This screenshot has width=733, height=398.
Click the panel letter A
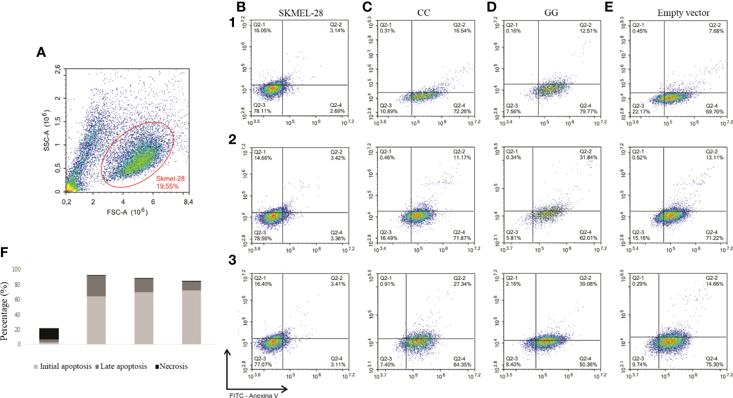point(41,52)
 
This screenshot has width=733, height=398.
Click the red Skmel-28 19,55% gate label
point(170,182)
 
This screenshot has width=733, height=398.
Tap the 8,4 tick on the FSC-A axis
point(188,202)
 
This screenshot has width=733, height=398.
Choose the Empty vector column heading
point(683,13)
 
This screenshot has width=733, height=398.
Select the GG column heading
point(551,13)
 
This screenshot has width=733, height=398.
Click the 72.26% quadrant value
point(462,111)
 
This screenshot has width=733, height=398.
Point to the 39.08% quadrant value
point(588,284)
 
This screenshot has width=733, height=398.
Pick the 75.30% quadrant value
point(715,364)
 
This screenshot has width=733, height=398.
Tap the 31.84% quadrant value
point(588,157)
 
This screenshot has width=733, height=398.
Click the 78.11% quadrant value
point(262,111)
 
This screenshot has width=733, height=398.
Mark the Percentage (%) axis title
point(5,311)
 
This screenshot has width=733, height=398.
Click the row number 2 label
point(232,140)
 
